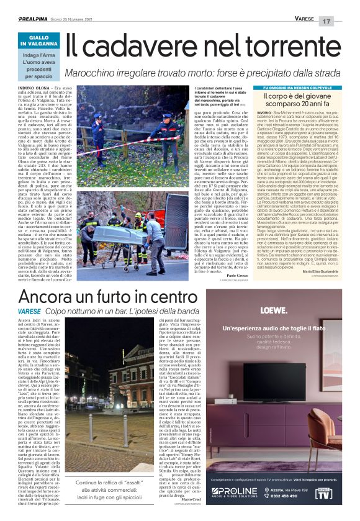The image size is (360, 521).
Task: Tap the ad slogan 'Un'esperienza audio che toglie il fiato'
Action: pyautogui.click(x=282, y=327)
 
